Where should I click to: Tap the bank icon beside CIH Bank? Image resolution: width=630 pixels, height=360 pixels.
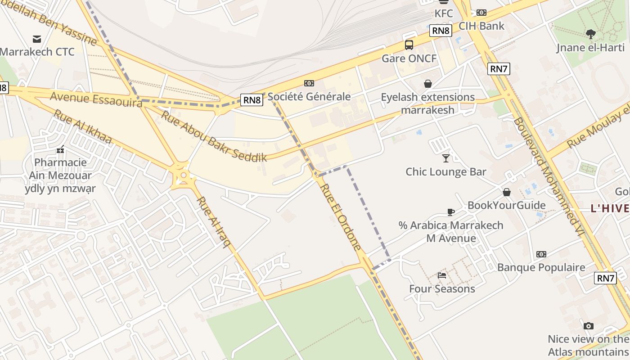pos(481,13)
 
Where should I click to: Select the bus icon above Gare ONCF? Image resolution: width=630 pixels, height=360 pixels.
pos(409,45)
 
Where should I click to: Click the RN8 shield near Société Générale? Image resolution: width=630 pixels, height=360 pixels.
pos(252,100)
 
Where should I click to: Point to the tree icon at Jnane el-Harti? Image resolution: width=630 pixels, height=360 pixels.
pos(590,34)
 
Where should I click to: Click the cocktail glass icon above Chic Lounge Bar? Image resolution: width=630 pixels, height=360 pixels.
pos(445,158)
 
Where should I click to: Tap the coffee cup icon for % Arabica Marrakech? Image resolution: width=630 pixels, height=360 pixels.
pos(451,211)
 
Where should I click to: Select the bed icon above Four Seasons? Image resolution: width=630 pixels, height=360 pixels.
pos(442,275)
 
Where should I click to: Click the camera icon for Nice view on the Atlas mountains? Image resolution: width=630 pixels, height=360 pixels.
pos(588,325)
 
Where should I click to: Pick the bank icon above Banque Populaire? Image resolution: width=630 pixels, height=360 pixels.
pos(541,254)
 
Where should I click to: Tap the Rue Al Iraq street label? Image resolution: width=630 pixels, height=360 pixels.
pos(214,222)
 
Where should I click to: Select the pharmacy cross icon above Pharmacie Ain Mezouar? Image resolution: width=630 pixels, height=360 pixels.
pos(60,150)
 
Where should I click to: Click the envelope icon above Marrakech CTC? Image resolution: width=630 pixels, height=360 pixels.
pos(37,39)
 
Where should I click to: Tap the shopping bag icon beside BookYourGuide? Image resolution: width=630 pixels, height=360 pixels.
pos(507,192)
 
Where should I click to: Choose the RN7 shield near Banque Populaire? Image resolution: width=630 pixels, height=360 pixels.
pos(605,278)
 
